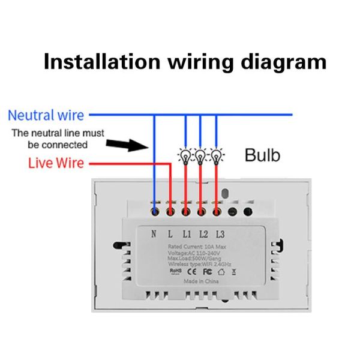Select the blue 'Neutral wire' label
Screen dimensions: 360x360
point(46,115)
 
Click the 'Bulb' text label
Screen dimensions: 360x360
point(262,155)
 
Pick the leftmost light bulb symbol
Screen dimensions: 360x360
point(185,157)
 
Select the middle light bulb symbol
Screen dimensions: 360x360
point(201,157)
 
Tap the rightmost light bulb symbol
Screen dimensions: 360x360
point(216,157)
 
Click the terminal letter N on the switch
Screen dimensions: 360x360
point(154,234)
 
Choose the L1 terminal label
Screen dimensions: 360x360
point(187,234)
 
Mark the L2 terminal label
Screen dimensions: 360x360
point(203,234)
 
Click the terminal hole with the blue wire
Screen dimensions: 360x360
point(155,211)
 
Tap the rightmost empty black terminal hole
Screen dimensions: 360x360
point(246,211)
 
